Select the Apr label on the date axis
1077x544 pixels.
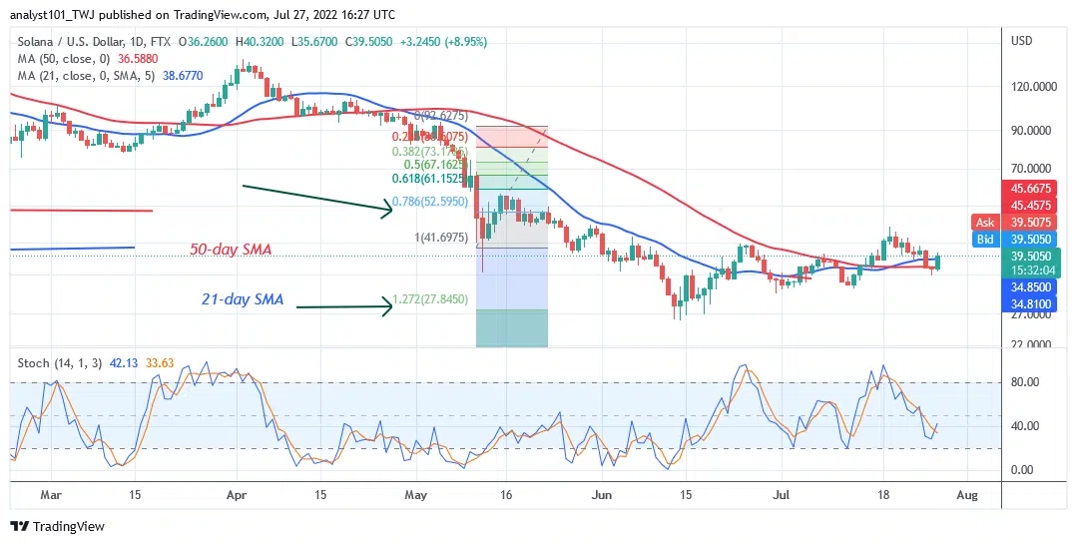(x=237, y=494)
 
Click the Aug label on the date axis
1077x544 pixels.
(x=968, y=494)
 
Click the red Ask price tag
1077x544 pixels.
(x=983, y=223)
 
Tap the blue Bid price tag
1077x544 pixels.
(x=983, y=240)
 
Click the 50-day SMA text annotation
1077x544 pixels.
(x=232, y=250)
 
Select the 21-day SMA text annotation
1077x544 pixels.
(x=241, y=298)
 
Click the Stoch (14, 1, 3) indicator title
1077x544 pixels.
(x=59, y=362)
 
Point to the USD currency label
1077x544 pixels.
(x=1021, y=41)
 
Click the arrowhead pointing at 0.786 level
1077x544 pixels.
(x=390, y=208)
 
